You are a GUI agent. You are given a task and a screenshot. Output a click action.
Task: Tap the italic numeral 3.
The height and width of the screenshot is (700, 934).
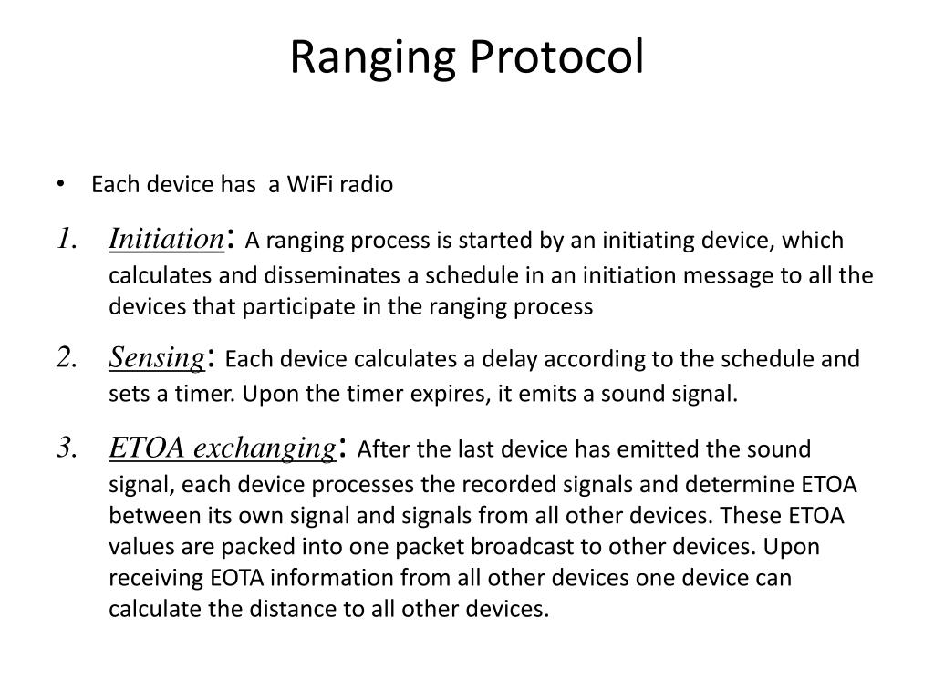(65, 448)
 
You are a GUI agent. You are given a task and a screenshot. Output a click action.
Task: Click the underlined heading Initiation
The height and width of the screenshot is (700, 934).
(166, 240)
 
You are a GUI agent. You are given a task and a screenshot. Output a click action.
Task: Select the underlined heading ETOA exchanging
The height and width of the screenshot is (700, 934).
(222, 448)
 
